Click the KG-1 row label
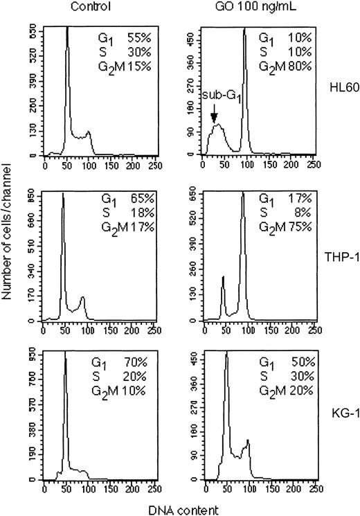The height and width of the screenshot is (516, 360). pos(339,419)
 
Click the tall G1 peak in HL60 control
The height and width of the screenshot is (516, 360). pos(67,42)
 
